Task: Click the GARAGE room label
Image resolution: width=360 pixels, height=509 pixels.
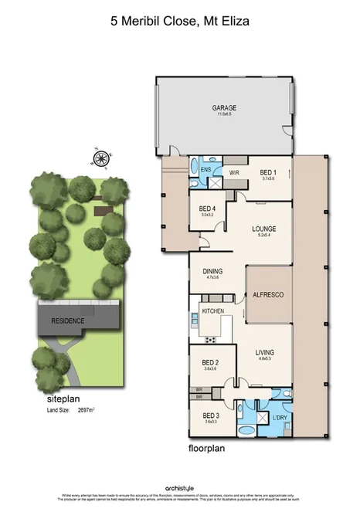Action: pyautogui.click(x=226, y=108)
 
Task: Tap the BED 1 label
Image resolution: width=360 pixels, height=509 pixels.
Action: pyautogui.click(x=268, y=172)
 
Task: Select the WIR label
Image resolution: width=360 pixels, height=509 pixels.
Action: pyautogui.click(x=235, y=173)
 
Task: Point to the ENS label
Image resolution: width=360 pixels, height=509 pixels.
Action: pyautogui.click(x=206, y=169)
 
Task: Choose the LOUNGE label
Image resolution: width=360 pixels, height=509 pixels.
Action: pyautogui.click(x=263, y=229)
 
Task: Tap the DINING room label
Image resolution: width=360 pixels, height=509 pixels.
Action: pyautogui.click(x=213, y=271)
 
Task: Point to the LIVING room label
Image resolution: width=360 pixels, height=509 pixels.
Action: pyautogui.click(x=266, y=353)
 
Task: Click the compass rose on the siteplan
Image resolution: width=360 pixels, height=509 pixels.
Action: pyautogui.click(x=99, y=160)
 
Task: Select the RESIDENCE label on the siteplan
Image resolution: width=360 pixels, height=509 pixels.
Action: pyautogui.click(x=67, y=320)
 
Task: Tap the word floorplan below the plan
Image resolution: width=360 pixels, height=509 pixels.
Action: pyautogui.click(x=207, y=447)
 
